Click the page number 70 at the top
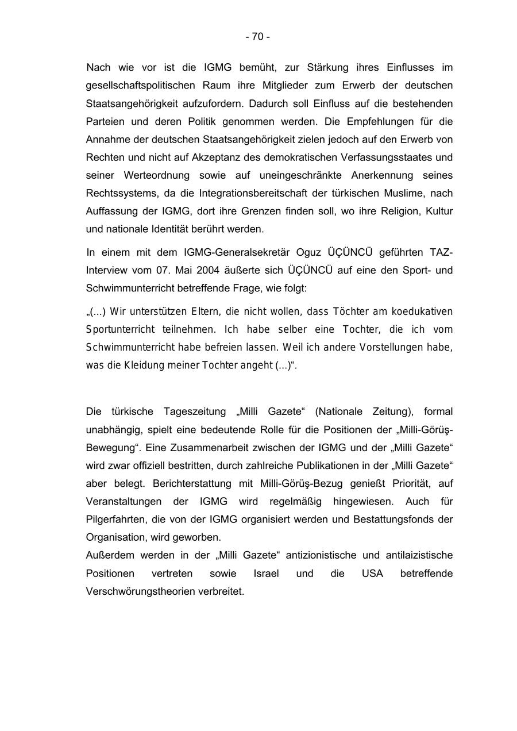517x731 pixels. (x=258, y=37)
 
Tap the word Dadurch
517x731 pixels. (x=267, y=104)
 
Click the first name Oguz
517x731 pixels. (x=308, y=253)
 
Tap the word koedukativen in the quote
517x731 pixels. (x=422, y=311)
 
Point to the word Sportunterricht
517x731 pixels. (x=120, y=330)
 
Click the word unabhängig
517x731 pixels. (x=113, y=430)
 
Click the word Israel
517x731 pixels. (x=267, y=574)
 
